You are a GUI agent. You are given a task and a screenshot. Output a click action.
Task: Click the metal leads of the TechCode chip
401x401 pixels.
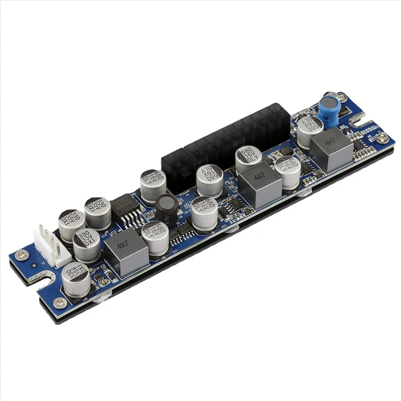[132, 221]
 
